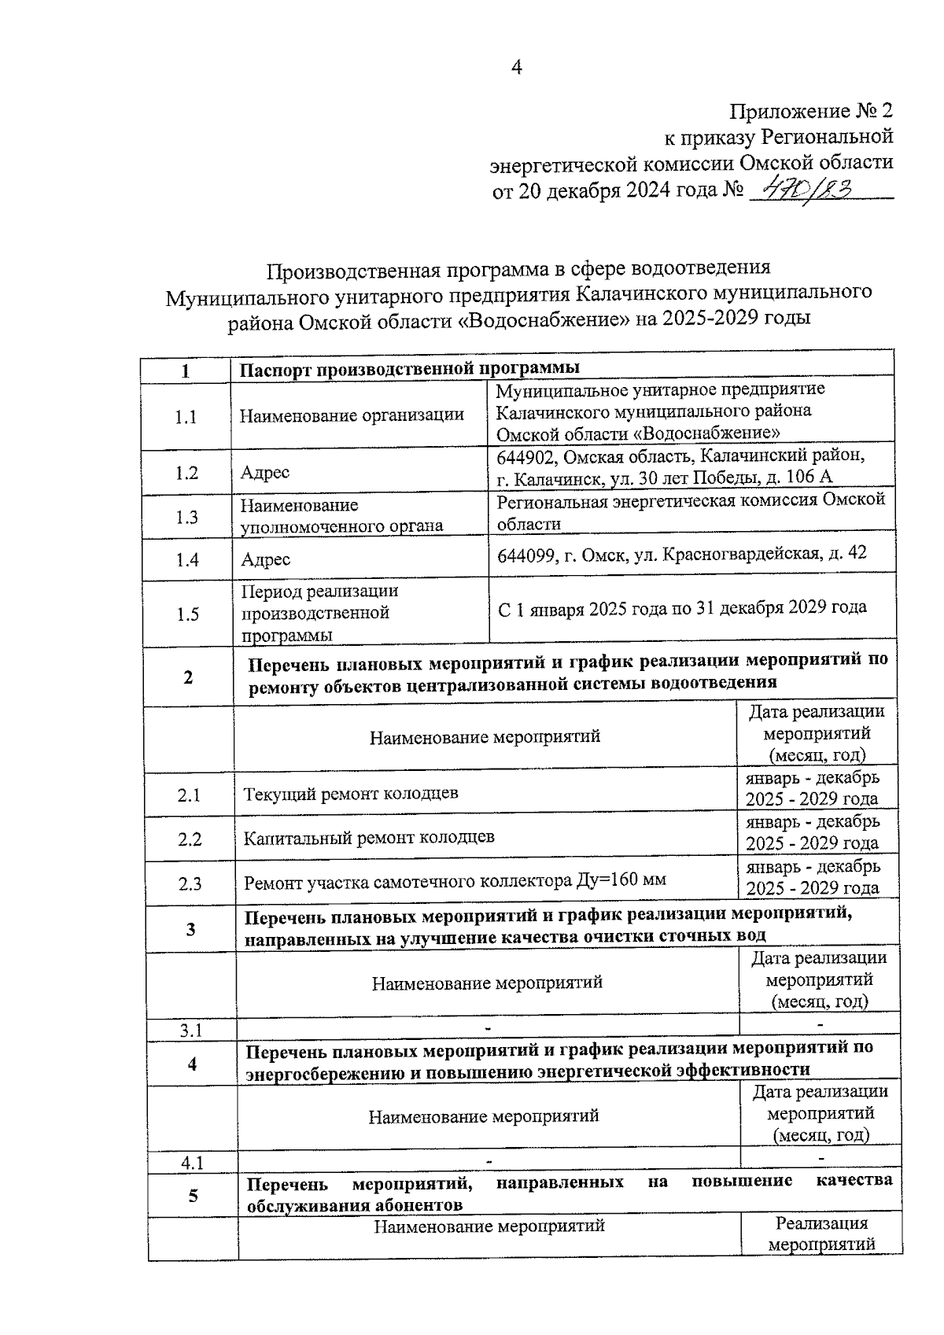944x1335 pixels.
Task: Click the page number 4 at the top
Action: click(516, 68)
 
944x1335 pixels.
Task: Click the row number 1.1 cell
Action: click(186, 418)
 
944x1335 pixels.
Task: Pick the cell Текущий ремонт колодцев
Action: click(351, 794)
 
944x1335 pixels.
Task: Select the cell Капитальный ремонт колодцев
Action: click(369, 838)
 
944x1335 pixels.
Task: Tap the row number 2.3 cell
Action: click(190, 884)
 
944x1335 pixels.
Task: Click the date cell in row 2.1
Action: click(812, 788)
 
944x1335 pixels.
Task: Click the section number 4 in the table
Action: click(192, 1064)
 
